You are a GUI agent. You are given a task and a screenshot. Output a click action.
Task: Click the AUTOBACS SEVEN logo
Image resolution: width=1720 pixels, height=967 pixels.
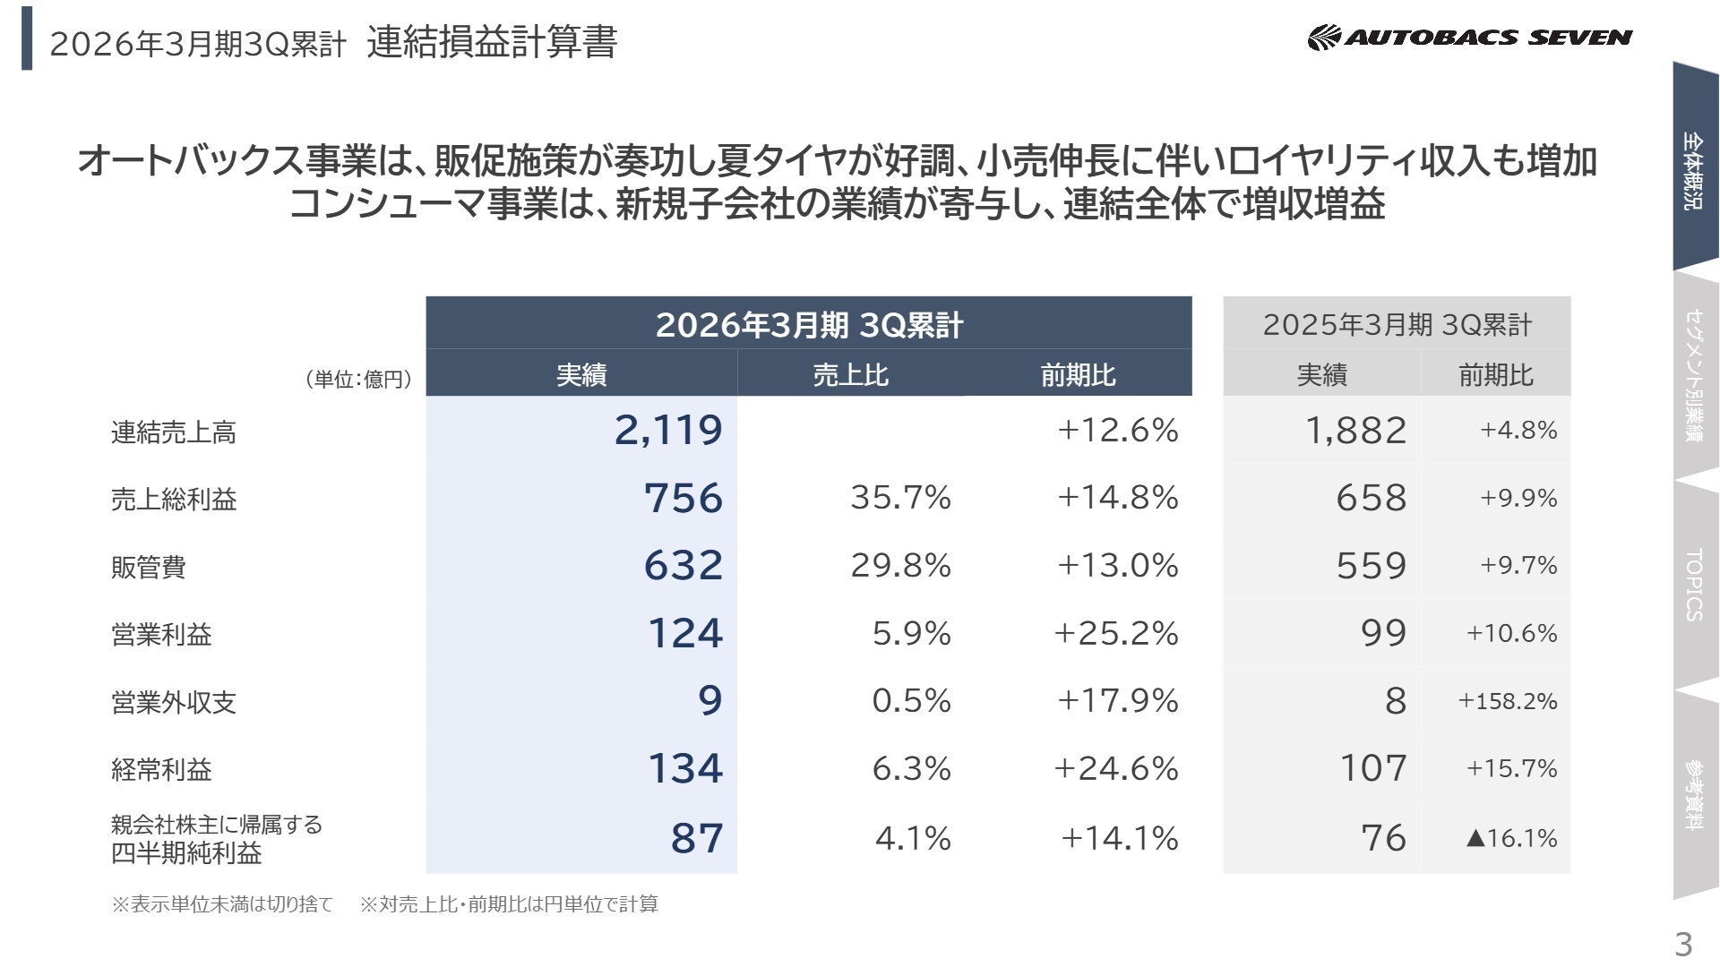pos(1469,38)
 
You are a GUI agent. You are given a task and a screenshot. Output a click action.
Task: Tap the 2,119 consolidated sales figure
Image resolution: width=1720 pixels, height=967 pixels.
pos(668,431)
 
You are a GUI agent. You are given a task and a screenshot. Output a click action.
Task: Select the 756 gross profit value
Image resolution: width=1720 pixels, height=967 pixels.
pos(683,498)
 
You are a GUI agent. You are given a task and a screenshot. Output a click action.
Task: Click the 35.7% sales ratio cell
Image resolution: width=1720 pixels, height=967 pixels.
pos(900,498)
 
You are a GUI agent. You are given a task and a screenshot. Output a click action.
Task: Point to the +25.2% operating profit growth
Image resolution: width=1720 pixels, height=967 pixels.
pos(1115,634)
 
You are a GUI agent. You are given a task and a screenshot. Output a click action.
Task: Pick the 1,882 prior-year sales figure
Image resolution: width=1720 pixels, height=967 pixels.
pos(1355,431)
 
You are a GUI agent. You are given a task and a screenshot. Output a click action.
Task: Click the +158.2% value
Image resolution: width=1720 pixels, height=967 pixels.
pos(1508,701)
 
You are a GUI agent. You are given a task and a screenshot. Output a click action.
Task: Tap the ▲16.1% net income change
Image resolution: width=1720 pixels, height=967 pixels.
pos(1511,838)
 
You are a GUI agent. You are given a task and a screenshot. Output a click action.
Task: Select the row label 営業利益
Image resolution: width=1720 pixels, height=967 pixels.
pos(161,635)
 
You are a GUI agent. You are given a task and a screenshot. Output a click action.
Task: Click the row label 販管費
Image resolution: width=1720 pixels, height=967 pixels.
pos(149,567)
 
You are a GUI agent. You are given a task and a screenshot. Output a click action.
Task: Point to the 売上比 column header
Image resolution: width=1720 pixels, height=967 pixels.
pos(850,374)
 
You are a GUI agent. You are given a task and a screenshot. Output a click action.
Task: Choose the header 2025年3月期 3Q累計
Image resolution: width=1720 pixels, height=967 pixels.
pos(1397,324)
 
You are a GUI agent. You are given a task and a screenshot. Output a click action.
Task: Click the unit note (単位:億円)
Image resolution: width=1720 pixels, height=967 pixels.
pos(359,380)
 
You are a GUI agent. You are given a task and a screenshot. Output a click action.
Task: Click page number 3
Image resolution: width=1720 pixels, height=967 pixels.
pos(1683,944)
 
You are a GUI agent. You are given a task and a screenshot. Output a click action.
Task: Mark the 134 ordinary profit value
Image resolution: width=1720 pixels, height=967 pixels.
pos(684,769)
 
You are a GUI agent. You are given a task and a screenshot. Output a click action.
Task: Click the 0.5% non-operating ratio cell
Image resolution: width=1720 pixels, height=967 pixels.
pos(911,701)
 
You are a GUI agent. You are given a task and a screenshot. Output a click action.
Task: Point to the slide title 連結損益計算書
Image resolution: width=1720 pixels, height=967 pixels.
pos(492,42)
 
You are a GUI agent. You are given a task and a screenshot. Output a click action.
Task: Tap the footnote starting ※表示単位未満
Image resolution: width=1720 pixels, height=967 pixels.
pos(222,904)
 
